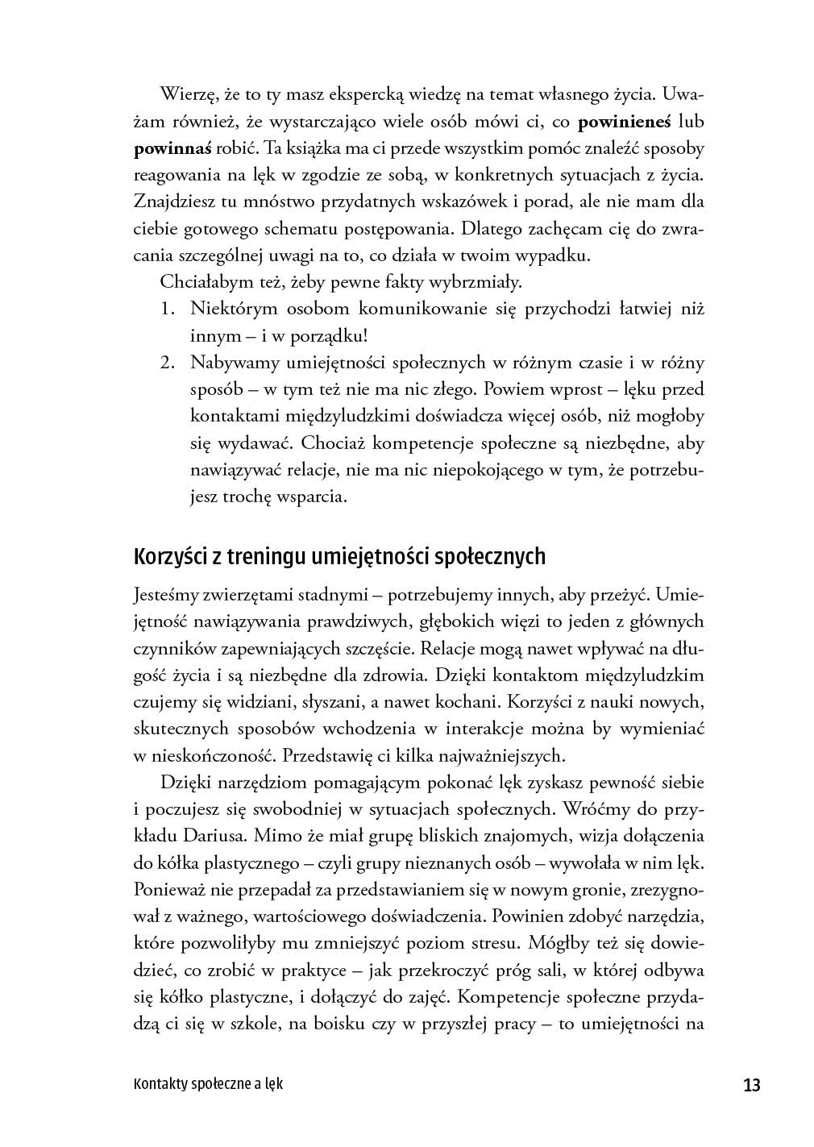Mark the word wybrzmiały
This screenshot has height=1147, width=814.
(x=477, y=282)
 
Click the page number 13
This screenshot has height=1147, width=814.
(x=751, y=1085)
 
